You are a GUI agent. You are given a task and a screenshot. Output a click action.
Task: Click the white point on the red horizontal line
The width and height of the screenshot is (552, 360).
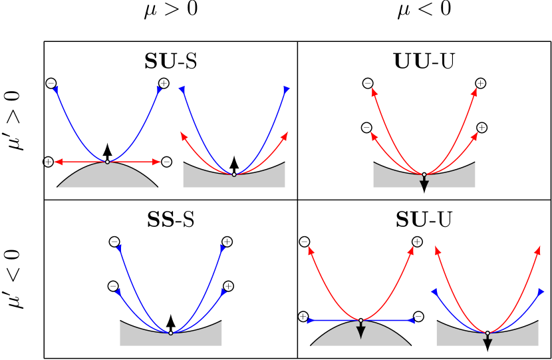[107, 162]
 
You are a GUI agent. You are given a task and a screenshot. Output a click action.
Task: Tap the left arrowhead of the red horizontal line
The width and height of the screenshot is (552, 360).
[58, 162]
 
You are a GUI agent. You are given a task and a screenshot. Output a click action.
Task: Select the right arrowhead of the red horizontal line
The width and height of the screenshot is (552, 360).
[156, 162]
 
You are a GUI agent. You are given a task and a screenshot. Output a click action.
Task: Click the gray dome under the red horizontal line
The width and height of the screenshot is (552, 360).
[107, 177]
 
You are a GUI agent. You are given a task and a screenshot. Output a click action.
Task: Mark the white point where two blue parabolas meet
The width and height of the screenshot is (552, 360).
[171, 333]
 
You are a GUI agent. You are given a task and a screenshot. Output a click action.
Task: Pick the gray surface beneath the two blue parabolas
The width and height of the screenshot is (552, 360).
[171, 339]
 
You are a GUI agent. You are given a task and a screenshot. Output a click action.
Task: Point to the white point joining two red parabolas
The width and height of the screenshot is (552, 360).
[424, 174]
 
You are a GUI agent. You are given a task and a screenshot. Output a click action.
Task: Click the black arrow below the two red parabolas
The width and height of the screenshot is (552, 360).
[424, 183]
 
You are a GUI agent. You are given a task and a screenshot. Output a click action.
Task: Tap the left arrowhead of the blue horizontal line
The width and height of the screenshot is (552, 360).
[311, 321]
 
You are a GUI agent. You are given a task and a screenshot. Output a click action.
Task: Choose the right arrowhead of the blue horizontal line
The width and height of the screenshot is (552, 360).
[411, 321]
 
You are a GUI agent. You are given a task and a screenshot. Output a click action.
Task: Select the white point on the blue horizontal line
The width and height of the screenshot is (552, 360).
[361, 321]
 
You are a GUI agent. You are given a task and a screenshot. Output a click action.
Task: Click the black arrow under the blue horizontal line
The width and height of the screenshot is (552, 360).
[361, 331]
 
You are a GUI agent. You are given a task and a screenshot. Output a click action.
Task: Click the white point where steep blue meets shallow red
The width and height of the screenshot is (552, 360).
[234, 174]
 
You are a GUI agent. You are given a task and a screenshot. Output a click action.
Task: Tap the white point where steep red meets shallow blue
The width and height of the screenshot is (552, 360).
[487, 333]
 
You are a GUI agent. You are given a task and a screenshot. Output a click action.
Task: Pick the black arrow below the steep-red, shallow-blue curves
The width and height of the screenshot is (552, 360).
[487, 342]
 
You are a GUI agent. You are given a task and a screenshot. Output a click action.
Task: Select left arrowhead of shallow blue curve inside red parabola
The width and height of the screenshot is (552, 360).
[434, 291]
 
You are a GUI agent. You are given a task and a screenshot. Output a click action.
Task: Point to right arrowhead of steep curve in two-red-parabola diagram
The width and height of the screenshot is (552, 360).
[474, 91]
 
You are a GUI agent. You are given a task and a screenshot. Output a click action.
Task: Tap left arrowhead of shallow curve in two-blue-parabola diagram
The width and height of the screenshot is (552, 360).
[118, 291]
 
